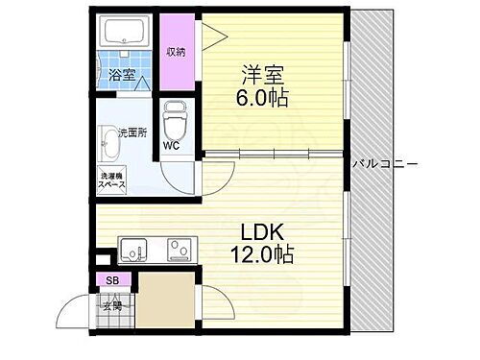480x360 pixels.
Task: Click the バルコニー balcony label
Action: (x=385, y=163)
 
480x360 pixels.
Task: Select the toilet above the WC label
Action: (x=175, y=120)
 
